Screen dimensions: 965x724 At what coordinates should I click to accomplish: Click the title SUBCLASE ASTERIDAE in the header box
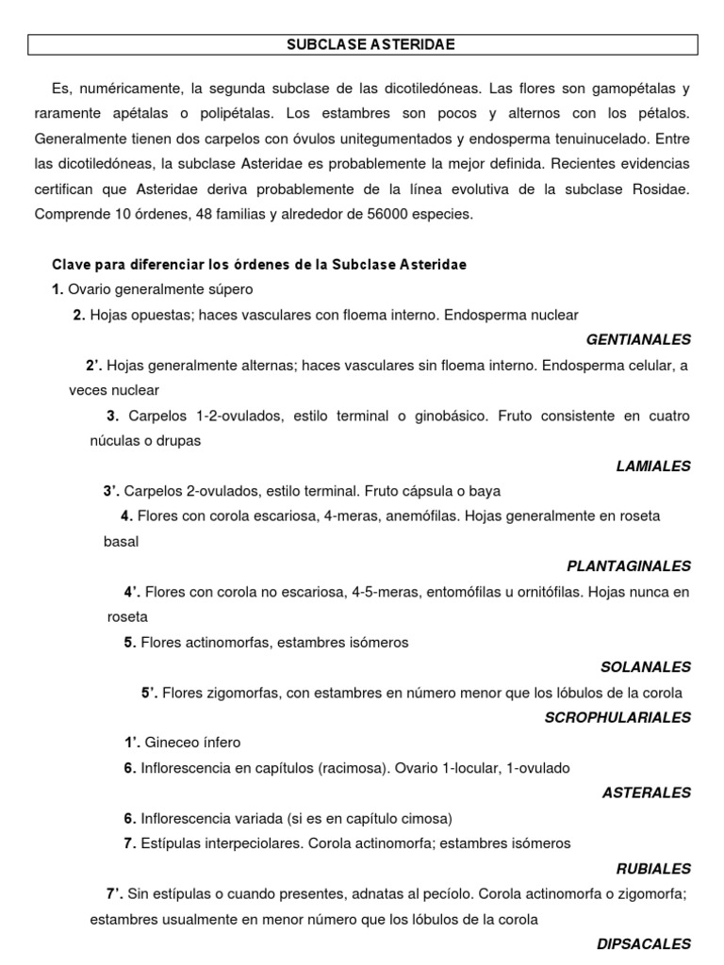click(362, 44)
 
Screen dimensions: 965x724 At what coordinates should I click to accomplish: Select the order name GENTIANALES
click(638, 339)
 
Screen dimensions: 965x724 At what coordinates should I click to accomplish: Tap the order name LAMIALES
click(653, 466)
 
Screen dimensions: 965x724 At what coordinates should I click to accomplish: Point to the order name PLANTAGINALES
click(629, 566)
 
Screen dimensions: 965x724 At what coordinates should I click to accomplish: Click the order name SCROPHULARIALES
click(617, 717)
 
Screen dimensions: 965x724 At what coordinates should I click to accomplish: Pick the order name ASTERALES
click(647, 793)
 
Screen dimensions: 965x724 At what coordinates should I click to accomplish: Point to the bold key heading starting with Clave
click(259, 265)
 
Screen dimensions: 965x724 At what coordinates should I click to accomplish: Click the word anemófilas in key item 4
click(423, 516)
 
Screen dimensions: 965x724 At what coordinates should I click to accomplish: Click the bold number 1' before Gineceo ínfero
click(132, 743)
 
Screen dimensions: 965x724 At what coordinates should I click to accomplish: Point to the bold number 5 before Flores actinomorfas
click(129, 642)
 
